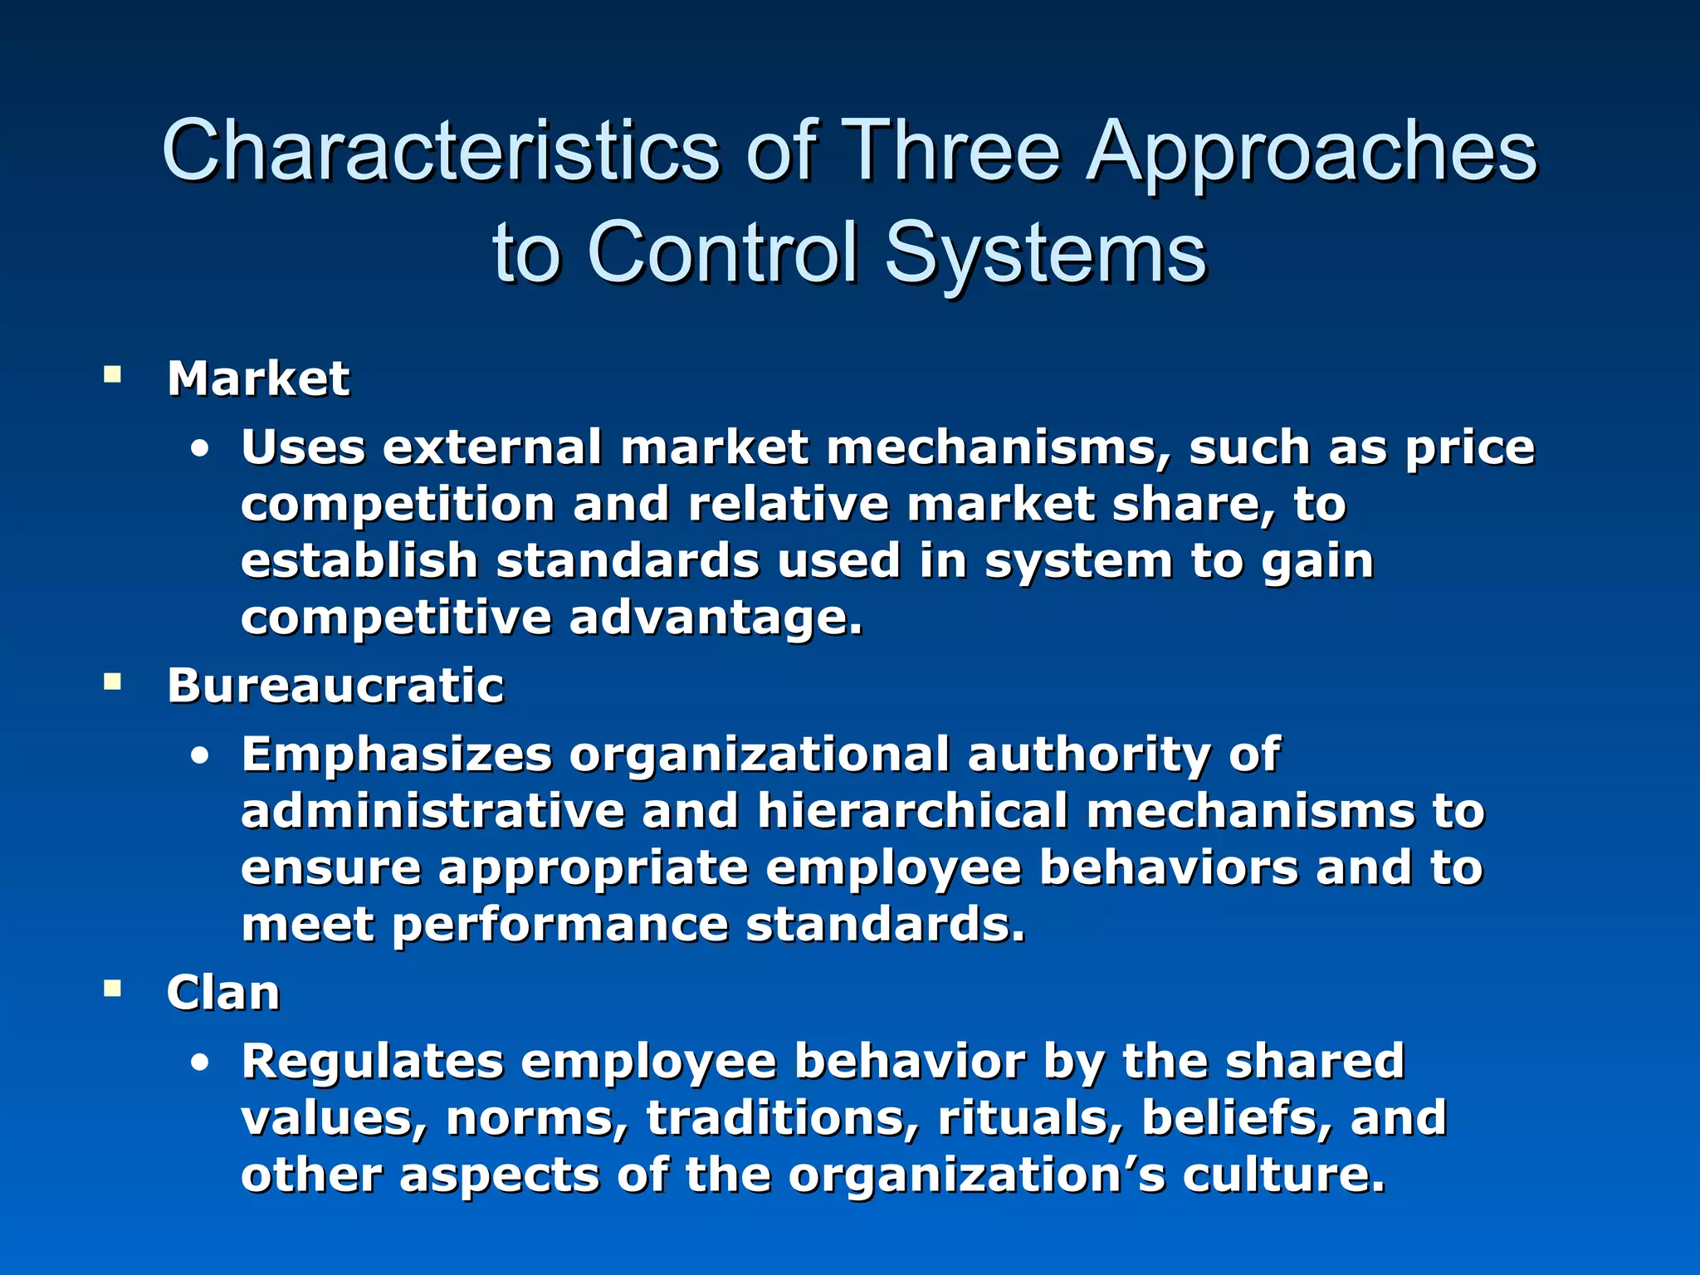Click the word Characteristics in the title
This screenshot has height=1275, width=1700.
(441, 151)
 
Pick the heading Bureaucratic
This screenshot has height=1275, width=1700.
(335, 686)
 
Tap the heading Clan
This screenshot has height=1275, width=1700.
(222, 993)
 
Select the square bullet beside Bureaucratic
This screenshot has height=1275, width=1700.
(112, 682)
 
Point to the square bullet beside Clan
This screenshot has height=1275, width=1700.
(112, 989)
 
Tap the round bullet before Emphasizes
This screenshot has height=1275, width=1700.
(199, 757)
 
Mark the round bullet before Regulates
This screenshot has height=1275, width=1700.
(199, 1063)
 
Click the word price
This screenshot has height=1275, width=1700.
(1469, 448)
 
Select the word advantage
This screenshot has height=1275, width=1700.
(716, 618)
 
